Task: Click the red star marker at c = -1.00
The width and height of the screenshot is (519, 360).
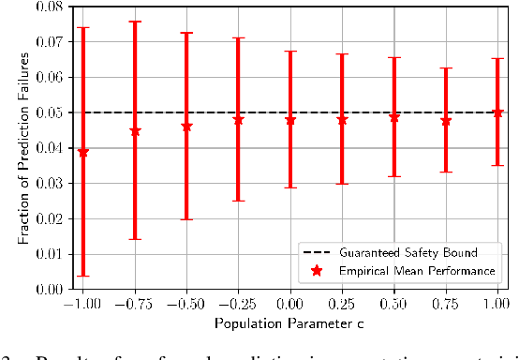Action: tap(83, 152)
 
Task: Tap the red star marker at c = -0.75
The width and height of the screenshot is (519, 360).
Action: tap(135, 131)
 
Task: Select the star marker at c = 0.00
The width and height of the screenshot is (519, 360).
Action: tap(290, 120)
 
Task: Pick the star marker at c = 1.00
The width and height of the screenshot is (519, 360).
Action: tap(497, 112)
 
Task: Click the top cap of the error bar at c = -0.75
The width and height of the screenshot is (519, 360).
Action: tap(135, 22)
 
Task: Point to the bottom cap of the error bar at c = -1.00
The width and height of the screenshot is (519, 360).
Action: tap(83, 276)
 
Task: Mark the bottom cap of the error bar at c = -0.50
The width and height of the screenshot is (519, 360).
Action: tap(186, 219)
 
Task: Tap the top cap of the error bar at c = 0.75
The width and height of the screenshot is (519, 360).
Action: tap(446, 68)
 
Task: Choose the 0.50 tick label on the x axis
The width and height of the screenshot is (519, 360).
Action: tap(394, 305)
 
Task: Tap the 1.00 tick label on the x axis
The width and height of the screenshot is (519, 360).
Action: tap(497, 305)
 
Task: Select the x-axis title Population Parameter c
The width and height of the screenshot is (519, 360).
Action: tap(290, 323)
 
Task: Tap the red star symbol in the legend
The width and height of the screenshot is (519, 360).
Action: tap(318, 271)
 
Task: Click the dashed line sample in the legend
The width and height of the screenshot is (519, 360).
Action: tap(318, 252)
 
